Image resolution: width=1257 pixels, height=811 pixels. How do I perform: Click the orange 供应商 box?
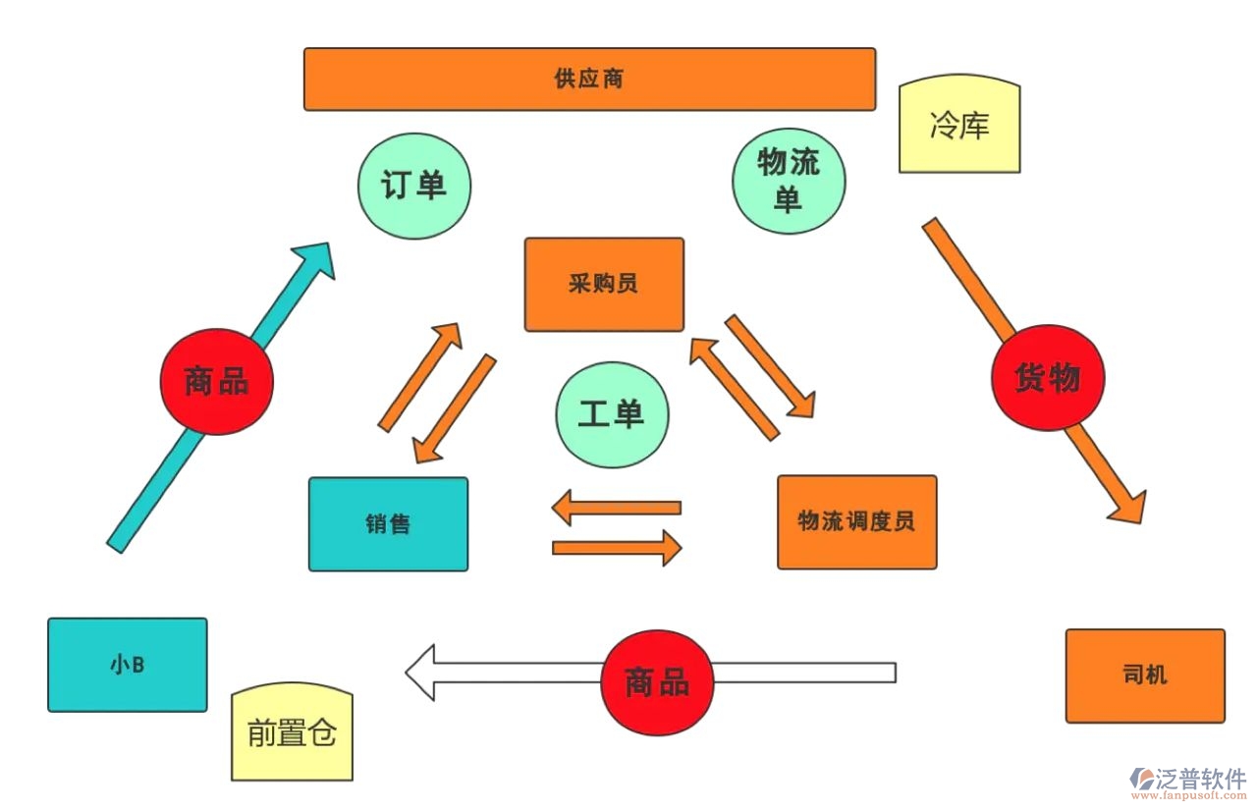click(x=589, y=79)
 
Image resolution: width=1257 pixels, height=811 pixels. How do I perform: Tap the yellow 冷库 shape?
click(x=959, y=127)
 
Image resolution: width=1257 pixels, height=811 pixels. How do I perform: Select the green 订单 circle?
click(x=413, y=185)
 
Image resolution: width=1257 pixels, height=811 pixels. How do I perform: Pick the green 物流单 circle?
click(x=789, y=181)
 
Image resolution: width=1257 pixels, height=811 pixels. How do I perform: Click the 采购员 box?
click(x=603, y=284)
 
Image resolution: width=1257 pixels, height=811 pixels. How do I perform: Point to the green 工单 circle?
click(x=611, y=413)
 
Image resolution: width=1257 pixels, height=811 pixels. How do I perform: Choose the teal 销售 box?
click(x=388, y=523)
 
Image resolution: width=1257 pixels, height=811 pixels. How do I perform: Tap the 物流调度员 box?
click(x=856, y=521)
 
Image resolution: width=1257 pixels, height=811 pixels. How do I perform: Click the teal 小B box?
click(x=128, y=664)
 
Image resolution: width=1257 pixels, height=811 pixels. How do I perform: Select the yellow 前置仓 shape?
click(x=292, y=732)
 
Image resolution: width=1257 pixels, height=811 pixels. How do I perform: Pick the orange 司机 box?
click(x=1145, y=676)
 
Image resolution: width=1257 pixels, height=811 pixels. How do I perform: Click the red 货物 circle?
click(x=1047, y=378)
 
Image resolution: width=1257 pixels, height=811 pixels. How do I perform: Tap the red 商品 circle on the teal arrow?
click(x=216, y=381)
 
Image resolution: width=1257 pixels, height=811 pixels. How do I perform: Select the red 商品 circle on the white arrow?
click(x=657, y=682)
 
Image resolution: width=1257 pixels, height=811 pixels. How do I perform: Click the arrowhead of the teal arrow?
click(x=314, y=260)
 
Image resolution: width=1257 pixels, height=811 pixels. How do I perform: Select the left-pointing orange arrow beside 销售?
click(x=616, y=508)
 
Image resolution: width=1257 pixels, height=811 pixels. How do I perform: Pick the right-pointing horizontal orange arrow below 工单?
click(x=617, y=547)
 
